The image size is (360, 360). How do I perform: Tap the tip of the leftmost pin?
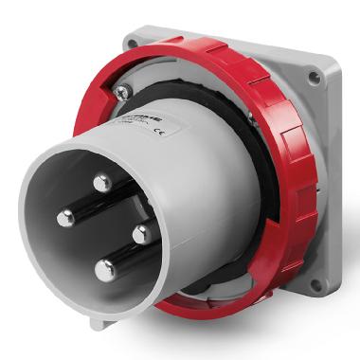pyautogui.click(x=64, y=219)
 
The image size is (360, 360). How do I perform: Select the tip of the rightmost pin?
pyautogui.click(x=139, y=234)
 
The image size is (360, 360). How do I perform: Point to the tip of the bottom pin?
pyautogui.click(x=103, y=270)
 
